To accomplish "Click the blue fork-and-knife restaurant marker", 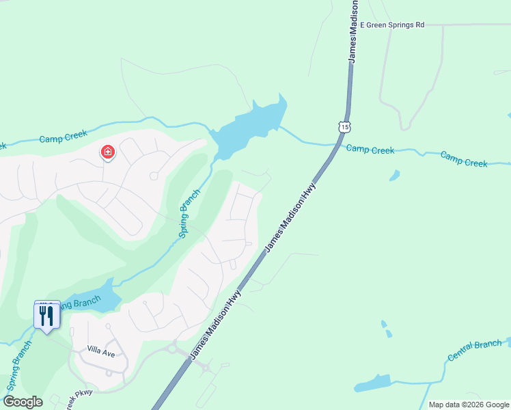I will click(x=46, y=316).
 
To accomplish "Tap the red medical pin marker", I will click(x=108, y=152).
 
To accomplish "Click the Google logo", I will click(x=23, y=402).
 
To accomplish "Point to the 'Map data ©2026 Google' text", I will click(x=469, y=405).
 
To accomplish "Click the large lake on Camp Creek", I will click(x=249, y=126).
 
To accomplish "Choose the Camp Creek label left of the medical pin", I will click(x=62, y=138).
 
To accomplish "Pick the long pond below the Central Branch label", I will click(x=372, y=383).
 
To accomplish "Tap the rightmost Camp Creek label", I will click(x=464, y=159).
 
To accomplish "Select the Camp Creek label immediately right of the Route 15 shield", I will click(x=370, y=149).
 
